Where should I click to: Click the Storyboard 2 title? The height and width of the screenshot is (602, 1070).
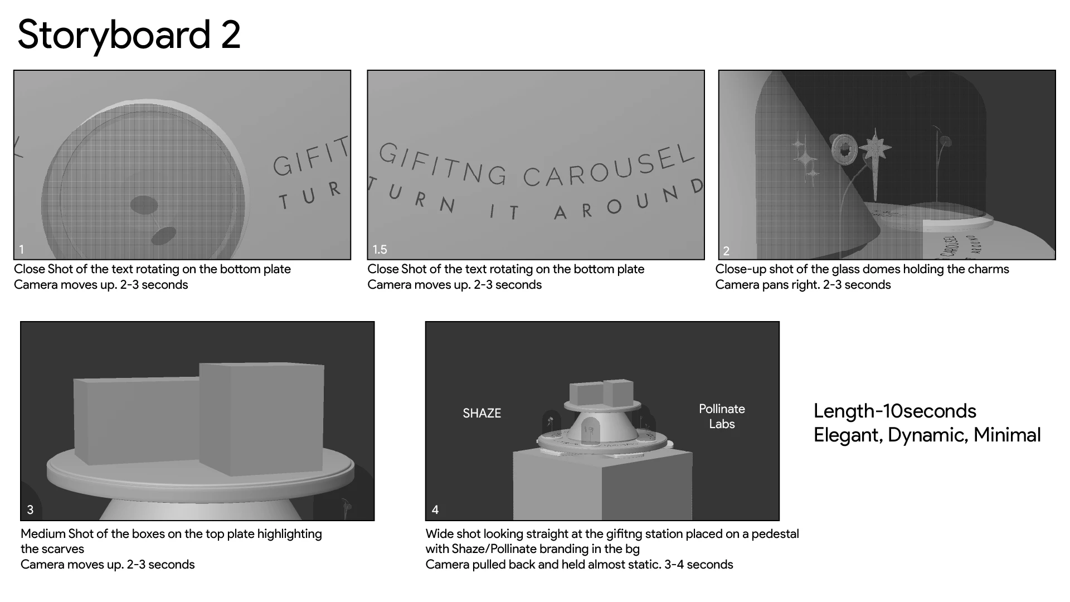click(x=129, y=36)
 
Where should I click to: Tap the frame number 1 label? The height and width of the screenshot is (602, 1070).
click(x=22, y=250)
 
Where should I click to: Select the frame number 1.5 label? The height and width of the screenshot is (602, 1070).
click(x=380, y=250)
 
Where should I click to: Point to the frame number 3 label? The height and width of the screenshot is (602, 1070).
click(x=30, y=510)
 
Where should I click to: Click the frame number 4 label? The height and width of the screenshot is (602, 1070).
click(x=435, y=510)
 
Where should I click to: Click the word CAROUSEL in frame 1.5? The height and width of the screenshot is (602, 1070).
click(x=610, y=166)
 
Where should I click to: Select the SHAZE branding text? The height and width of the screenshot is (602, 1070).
click(x=482, y=414)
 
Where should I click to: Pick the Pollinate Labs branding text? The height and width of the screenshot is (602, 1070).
click(x=722, y=416)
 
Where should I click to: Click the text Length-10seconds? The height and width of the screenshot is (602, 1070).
click(x=895, y=411)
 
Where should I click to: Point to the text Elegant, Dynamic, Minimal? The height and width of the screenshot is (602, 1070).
click(x=927, y=435)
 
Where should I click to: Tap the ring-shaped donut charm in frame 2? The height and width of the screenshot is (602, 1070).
click(x=844, y=148)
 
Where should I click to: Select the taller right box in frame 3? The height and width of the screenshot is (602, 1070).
click(x=262, y=418)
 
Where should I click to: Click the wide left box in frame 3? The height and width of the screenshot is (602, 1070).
click(x=137, y=421)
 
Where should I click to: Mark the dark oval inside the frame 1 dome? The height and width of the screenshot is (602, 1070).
click(x=144, y=205)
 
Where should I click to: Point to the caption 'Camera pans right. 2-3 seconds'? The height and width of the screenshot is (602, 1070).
click(x=803, y=285)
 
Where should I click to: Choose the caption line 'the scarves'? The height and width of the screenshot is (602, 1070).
click(x=52, y=549)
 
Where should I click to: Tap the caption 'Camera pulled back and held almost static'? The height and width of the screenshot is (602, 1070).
click(x=543, y=565)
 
